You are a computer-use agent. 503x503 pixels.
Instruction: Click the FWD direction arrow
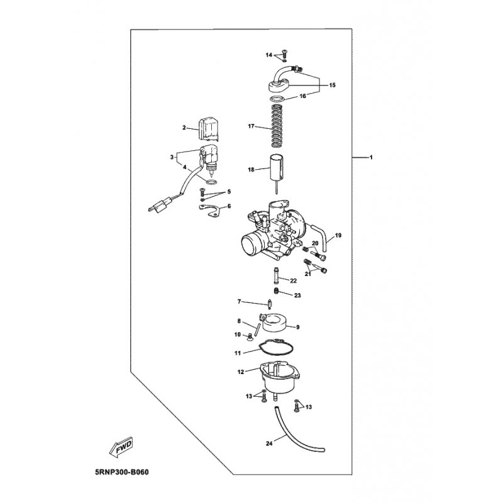(120, 446)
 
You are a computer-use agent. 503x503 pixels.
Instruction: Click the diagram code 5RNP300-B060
(122, 472)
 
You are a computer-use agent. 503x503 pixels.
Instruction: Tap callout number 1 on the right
(371, 158)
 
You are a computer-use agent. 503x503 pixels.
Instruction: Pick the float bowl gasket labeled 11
(277, 348)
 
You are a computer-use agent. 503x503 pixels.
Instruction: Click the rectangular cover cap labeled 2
(208, 129)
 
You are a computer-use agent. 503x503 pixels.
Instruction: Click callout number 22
(293, 280)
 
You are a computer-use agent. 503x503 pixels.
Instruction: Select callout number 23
(297, 295)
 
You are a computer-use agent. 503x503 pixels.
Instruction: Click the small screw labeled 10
(248, 336)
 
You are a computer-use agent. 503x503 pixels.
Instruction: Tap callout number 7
(239, 302)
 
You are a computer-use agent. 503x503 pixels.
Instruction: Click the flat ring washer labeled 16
(277, 99)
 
